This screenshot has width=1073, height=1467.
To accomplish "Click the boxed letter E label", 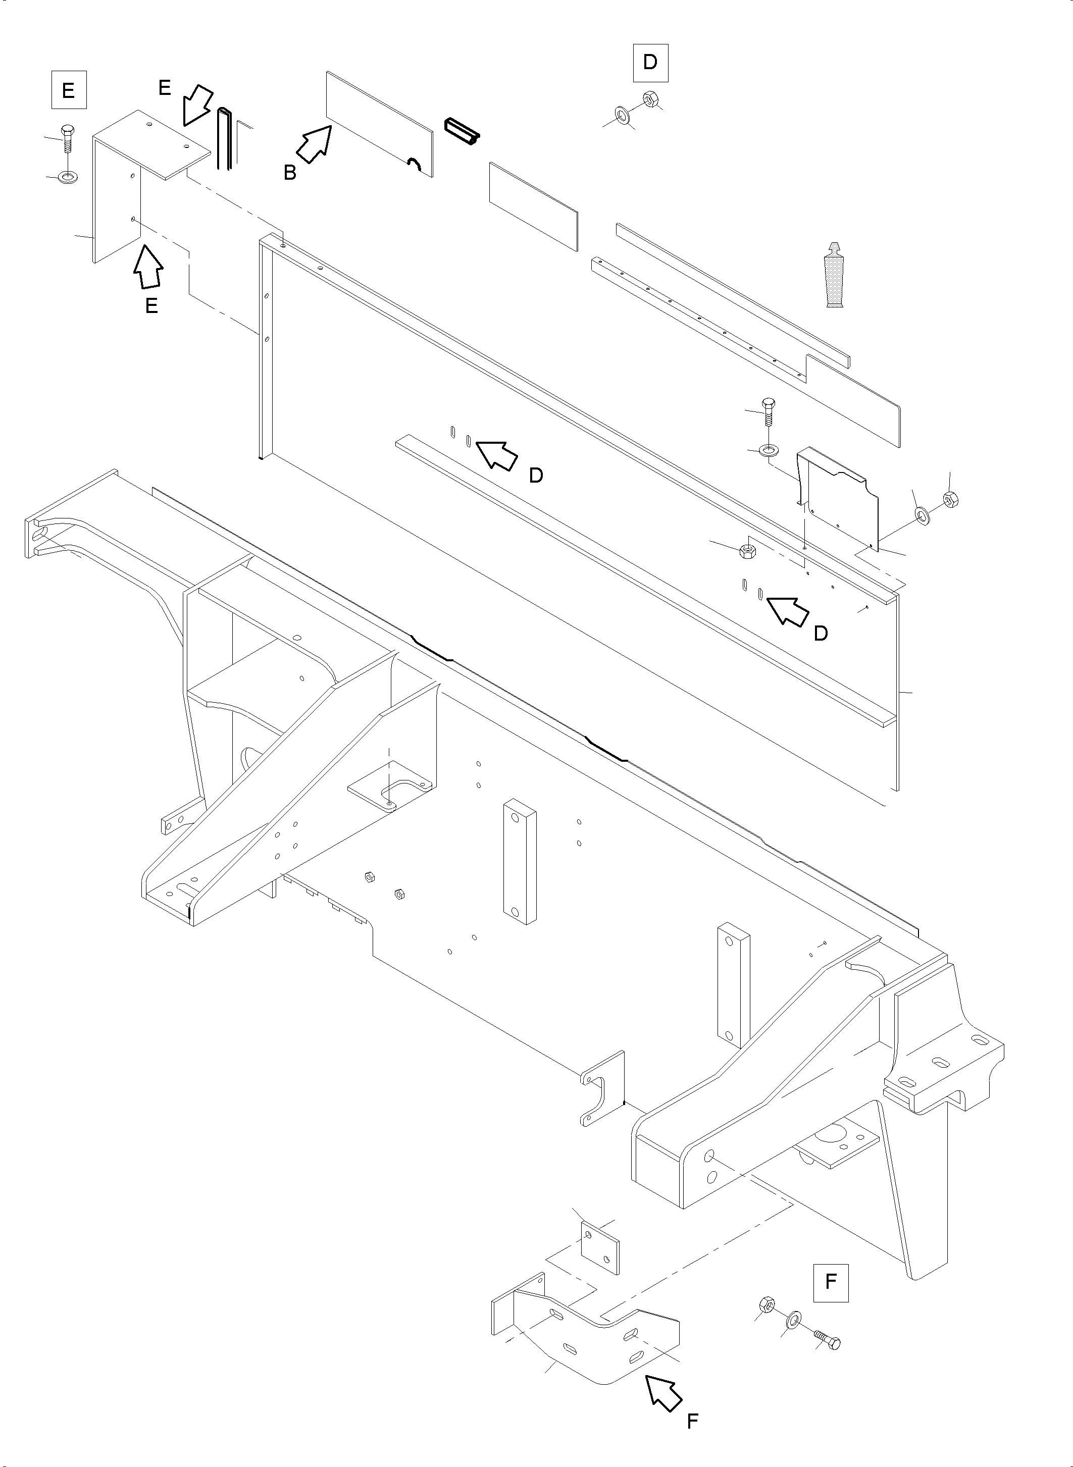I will click(68, 91).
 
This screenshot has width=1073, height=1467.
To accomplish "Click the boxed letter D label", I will click(650, 62).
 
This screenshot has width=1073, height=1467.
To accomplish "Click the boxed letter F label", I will click(830, 1281).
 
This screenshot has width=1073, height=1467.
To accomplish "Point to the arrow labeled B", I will click(314, 144).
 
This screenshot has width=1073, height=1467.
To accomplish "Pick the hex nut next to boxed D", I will click(649, 99).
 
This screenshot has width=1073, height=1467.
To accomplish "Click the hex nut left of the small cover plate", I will click(747, 552).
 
